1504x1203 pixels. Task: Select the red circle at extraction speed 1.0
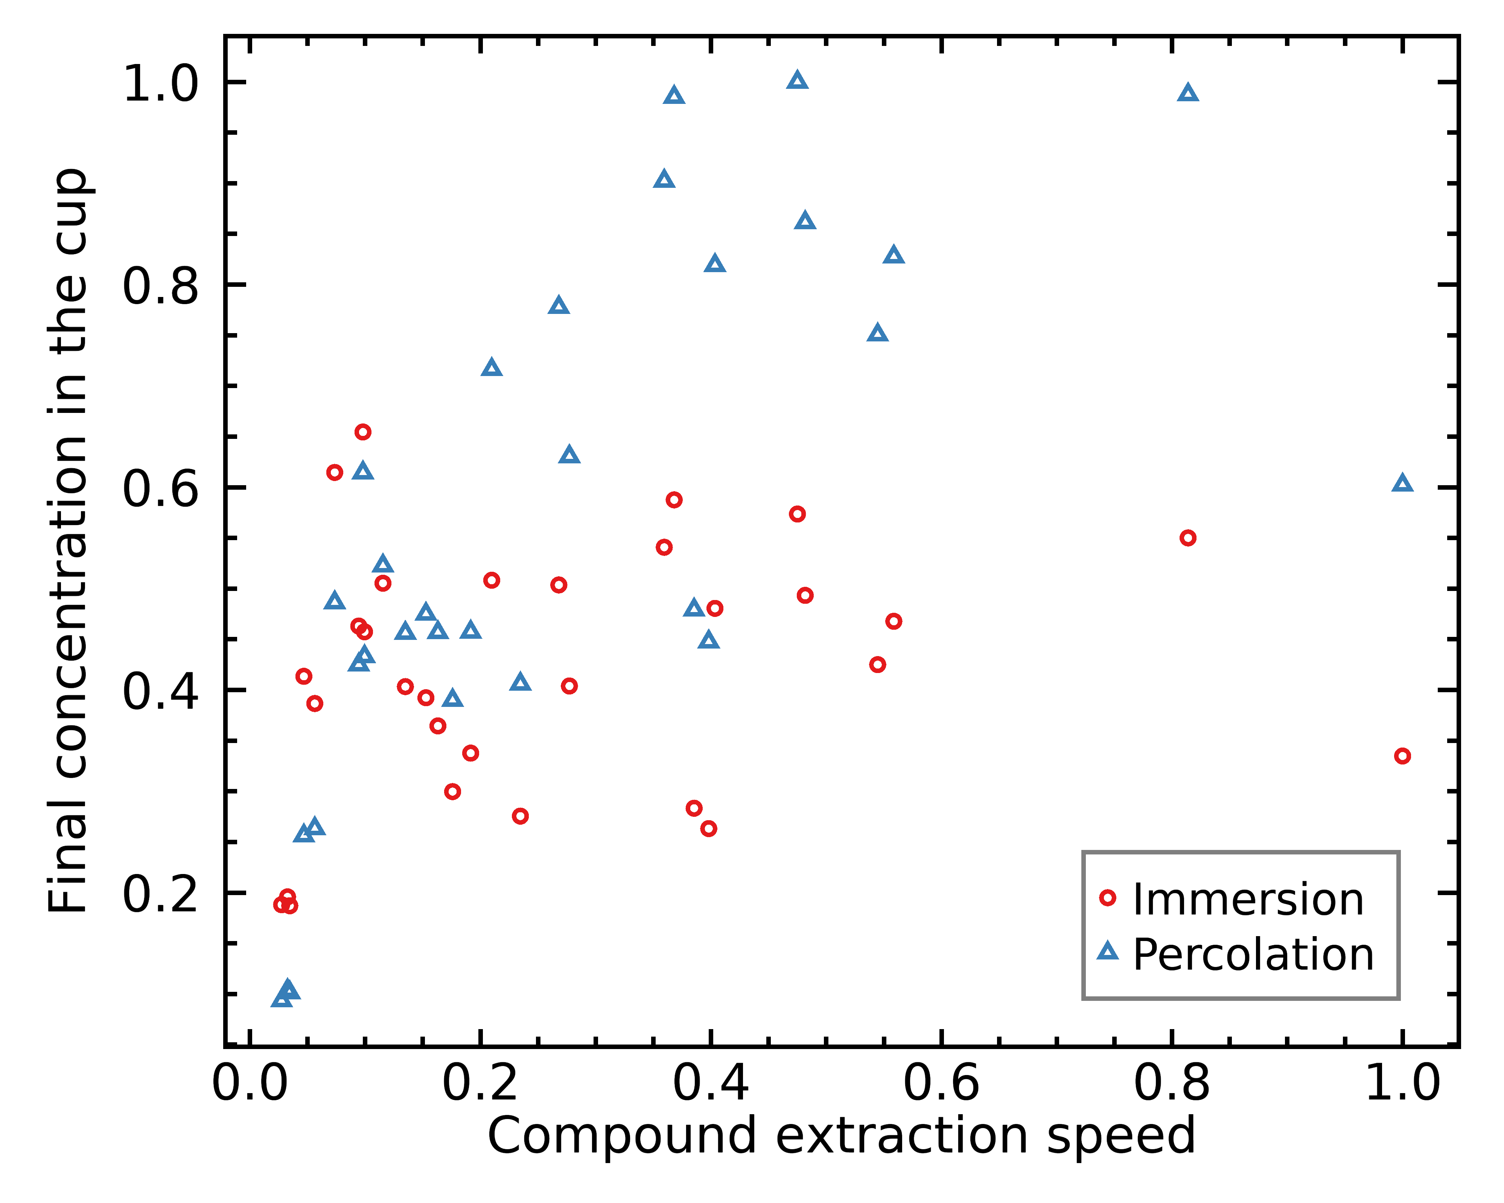[1402, 756]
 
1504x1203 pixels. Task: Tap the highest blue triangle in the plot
[797, 80]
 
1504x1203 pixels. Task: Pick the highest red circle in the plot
[363, 432]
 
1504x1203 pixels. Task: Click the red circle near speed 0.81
[1188, 538]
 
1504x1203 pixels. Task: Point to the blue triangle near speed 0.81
[1188, 93]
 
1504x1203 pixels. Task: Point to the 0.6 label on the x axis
[941, 1084]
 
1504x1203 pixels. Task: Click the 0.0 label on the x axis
[250, 1084]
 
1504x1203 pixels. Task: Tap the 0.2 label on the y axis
[160, 894]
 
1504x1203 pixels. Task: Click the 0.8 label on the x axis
[1171, 1084]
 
